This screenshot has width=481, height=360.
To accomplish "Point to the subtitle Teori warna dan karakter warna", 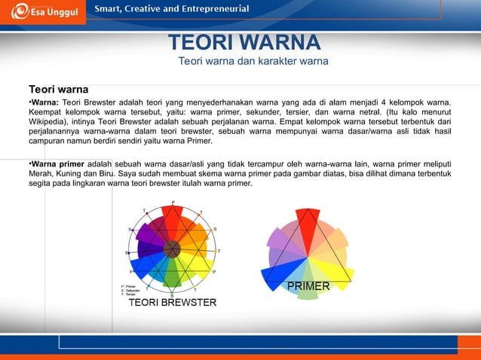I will tap(253, 61).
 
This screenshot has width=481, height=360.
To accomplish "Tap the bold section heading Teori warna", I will tap(59, 88).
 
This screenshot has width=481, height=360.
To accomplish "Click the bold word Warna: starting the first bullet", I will tap(44, 102).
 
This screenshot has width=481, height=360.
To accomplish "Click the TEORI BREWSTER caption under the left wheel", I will tap(173, 303).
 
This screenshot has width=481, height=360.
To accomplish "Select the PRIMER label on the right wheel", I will tap(308, 286).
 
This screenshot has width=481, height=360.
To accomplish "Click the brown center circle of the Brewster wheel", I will tap(173, 248).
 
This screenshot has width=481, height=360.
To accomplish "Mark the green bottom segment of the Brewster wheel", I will tap(173, 278).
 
